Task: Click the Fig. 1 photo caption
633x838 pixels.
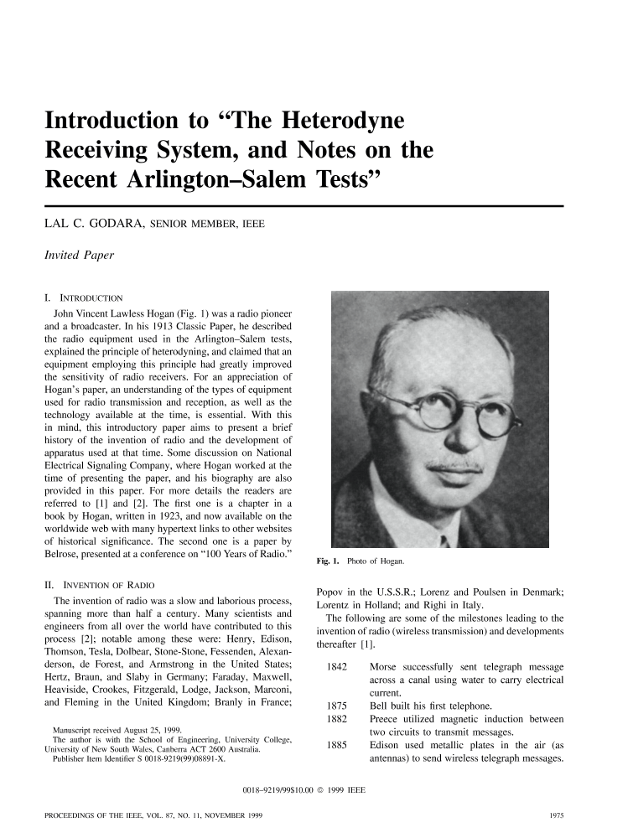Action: [357, 560]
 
